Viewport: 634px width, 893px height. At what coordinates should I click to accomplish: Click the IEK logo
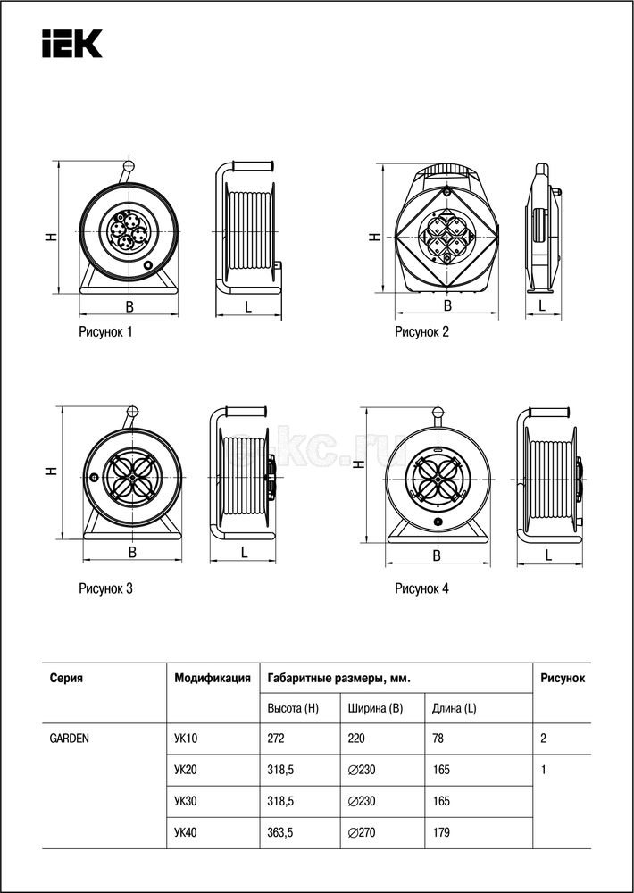[x=71, y=43]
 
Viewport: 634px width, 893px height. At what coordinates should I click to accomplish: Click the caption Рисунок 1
[x=105, y=332]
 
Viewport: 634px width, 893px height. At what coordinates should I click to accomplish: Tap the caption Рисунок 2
[x=422, y=332]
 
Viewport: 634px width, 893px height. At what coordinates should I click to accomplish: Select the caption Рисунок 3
[x=105, y=588]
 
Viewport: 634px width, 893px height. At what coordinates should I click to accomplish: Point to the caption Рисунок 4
[x=422, y=588]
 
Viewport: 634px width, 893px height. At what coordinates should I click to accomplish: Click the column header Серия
[x=66, y=678]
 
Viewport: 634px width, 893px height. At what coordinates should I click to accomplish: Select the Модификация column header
[x=212, y=678]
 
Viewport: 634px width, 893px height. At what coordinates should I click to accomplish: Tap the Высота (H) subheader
[x=293, y=709]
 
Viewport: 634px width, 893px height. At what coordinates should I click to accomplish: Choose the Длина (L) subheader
[x=455, y=709]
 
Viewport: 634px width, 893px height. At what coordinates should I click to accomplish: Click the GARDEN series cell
[x=69, y=739]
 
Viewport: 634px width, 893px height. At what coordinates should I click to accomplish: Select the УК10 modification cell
[x=186, y=739]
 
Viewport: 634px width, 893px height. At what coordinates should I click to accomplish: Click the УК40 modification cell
[x=186, y=833]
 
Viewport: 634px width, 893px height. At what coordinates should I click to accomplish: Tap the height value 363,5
[x=281, y=833]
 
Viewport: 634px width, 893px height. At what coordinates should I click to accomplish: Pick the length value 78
[x=438, y=739]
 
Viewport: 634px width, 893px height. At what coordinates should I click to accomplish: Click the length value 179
[x=440, y=833]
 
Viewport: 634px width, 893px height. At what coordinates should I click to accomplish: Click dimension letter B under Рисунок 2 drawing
[x=447, y=305]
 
